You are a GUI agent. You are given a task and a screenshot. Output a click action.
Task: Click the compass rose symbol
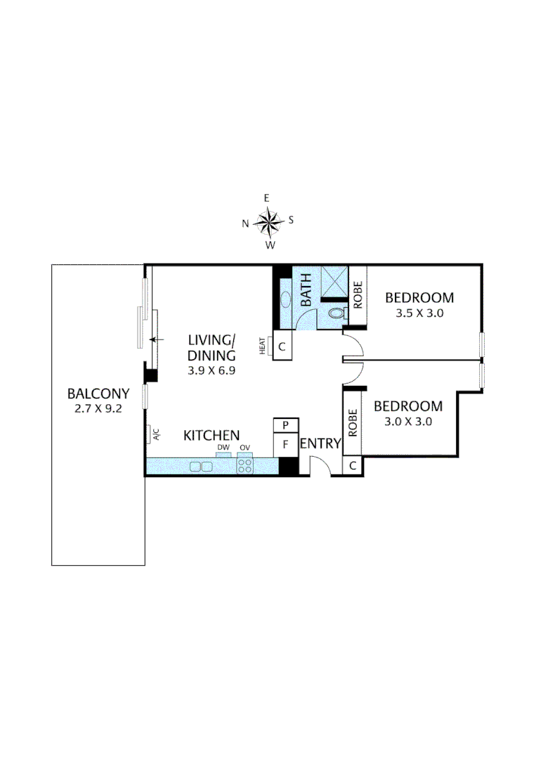click(268, 222)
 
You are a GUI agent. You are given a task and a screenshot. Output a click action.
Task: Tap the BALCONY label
click(98, 394)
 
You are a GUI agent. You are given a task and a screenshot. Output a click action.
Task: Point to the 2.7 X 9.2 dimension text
click(98, 408)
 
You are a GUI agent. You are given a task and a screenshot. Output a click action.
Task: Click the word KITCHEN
click(211, 436)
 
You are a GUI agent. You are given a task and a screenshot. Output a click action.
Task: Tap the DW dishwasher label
click(223, 448)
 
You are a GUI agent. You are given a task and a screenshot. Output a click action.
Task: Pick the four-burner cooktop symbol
click(244, 465)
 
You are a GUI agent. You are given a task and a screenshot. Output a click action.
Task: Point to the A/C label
click(155, 435)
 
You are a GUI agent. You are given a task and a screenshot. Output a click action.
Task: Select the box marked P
click(286, 426)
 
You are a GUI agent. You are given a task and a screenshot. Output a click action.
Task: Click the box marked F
click(286, 445)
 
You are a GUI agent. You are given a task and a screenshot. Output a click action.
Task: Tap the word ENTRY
click(320, 444)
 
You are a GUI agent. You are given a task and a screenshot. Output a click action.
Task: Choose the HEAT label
click(263, 346)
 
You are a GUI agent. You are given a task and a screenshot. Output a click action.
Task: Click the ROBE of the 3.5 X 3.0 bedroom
click(358, 296)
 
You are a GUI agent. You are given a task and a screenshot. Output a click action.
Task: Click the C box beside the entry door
click(352, 466)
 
